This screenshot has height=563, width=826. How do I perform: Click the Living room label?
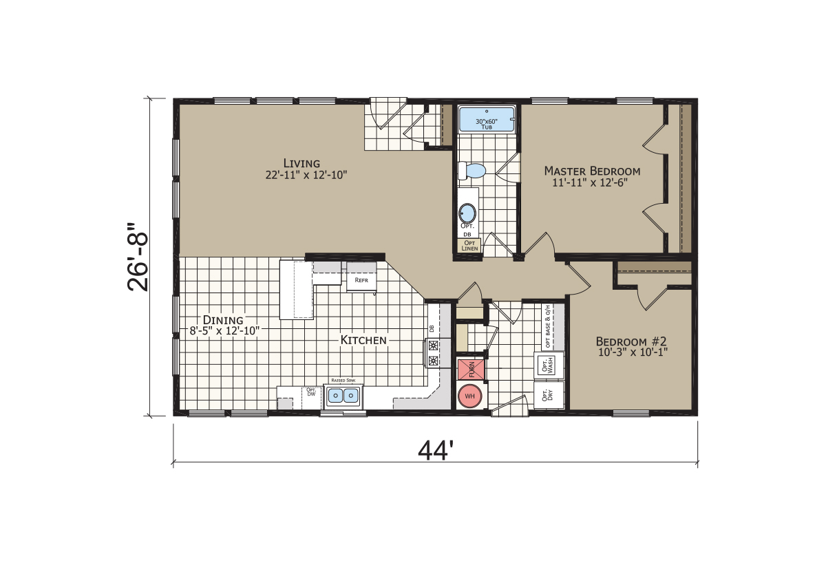pos(301,163)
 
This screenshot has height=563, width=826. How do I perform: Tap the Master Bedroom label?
pos(592,171)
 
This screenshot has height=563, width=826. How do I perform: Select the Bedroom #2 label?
pos(632,341)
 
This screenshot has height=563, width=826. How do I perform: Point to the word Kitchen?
pos(363,340)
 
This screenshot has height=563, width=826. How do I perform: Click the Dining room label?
pos(223,320)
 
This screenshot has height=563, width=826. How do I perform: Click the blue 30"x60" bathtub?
pos(487,120)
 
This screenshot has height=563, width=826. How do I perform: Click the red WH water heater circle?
pos(470,396)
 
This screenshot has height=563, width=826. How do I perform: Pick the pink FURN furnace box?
pos(471,370)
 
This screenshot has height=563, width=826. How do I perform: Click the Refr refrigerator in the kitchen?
pos(361,279)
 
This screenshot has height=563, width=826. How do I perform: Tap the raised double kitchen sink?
pos(343,396)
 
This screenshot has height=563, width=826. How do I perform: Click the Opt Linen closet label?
pos(469,246)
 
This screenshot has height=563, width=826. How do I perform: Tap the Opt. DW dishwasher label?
pos(310,393)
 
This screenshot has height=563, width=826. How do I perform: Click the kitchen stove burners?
pos(434,353)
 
